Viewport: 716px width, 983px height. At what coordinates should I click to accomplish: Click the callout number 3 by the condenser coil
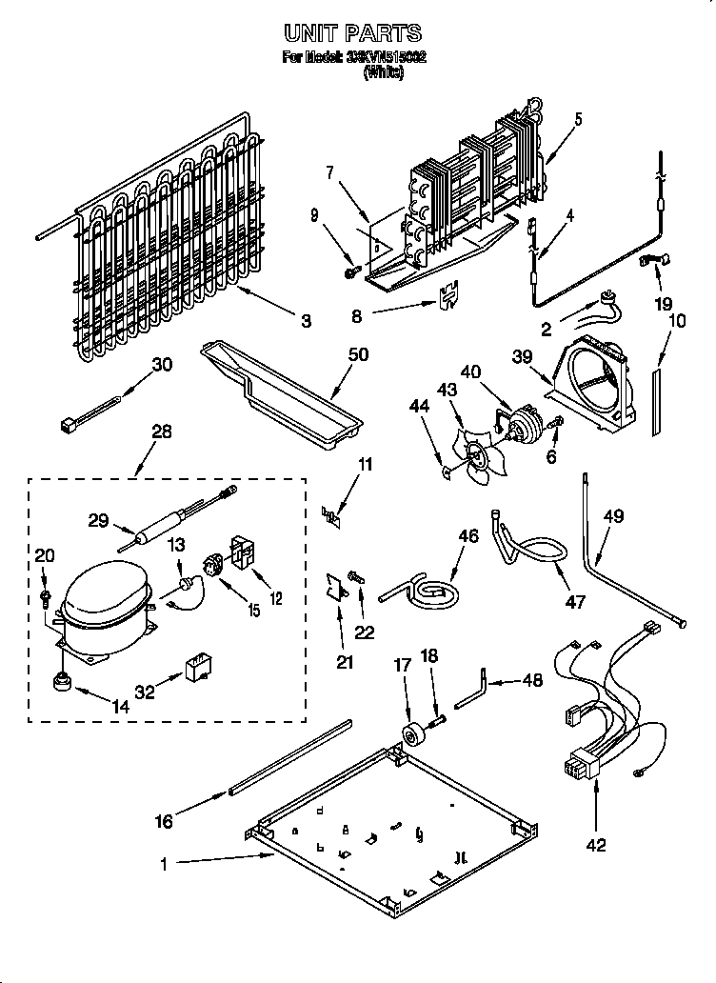305,322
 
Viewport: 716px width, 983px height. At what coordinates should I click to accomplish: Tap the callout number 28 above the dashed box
161,431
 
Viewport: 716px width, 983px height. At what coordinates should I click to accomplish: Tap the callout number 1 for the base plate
165,865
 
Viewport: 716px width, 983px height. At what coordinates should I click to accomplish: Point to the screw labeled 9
350,272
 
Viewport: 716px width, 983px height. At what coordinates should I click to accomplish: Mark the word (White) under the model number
384,73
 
